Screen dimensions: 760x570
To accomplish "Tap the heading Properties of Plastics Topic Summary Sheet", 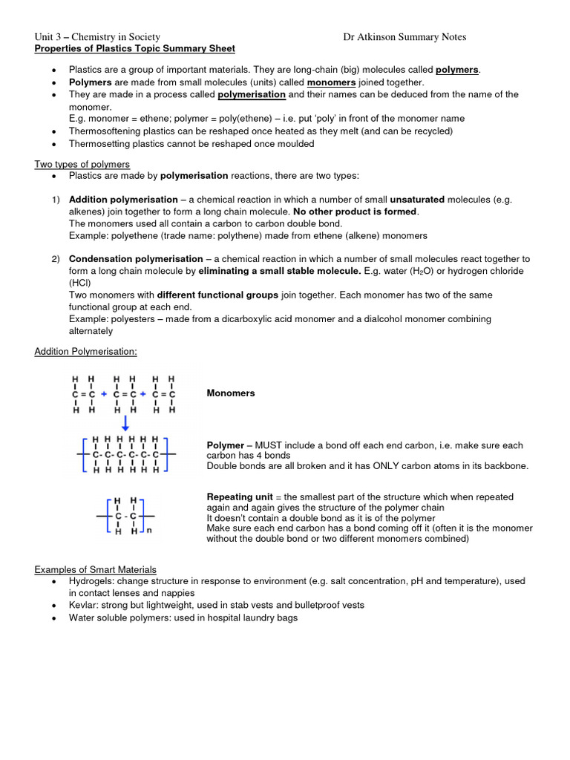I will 135,49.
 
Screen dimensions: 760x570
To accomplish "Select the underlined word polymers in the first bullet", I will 456,70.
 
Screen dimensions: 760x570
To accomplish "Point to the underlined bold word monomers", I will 332,82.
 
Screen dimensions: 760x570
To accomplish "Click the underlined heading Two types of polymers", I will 82,164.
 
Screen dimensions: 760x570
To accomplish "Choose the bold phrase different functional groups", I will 217,295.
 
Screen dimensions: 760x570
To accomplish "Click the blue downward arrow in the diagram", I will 125,423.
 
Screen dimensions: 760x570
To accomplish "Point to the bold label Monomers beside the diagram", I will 230,393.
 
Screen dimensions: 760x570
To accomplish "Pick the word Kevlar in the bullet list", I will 83,606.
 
